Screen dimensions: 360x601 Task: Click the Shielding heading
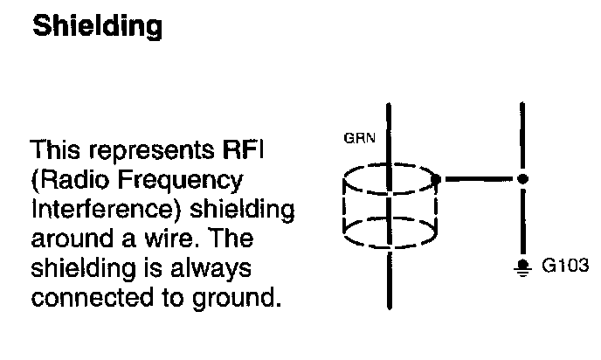97,26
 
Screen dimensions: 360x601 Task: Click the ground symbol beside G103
523,267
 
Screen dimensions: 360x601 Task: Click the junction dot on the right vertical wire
522,179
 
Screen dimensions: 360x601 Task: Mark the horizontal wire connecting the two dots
480,179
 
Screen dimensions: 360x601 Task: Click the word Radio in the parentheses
67,181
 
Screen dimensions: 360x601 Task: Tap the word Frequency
174,181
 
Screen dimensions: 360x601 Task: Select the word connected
87,298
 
